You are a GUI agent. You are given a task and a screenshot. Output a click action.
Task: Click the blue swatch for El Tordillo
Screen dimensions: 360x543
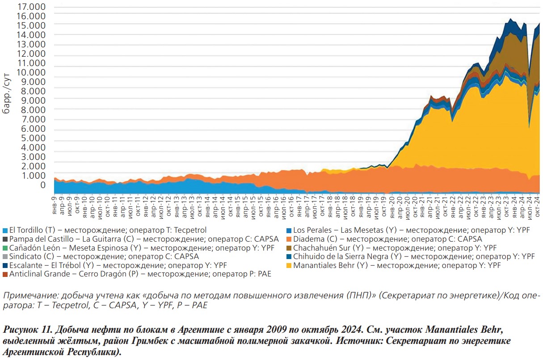(x=5, y=231)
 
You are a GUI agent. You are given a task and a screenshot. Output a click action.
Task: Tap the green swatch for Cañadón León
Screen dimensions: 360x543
(x=5, y=248)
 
